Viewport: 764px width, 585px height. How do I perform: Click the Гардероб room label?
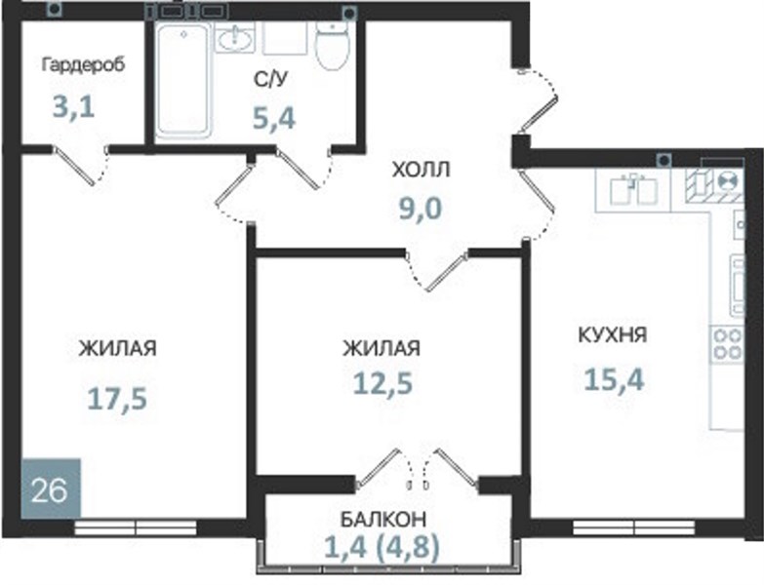[83, 65]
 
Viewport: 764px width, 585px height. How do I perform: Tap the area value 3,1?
[73, 107]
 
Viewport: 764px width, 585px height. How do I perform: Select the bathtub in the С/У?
[183, 79]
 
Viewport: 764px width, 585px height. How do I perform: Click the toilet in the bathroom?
[333, 45]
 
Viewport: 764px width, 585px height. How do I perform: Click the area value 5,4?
[274, 118]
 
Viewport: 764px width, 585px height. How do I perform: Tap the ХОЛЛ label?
[421, 170]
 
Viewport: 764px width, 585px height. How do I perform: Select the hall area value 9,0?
[421, 209]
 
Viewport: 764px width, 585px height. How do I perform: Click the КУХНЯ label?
[613, 334]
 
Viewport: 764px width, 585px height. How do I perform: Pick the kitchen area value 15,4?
[614, 379]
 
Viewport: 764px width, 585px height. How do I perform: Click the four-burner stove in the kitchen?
[728, 344]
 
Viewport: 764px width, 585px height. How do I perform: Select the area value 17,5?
[117, 399]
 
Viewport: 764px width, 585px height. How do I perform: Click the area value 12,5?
[382, 383]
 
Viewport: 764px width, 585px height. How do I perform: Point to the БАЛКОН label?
[382, 520]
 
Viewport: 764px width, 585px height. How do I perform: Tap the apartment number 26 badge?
[51, 489]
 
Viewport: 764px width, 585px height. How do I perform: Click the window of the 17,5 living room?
[136, 528]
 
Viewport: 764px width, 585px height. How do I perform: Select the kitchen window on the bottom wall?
[634, 527]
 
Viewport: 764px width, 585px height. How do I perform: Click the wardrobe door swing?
[80, 165]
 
